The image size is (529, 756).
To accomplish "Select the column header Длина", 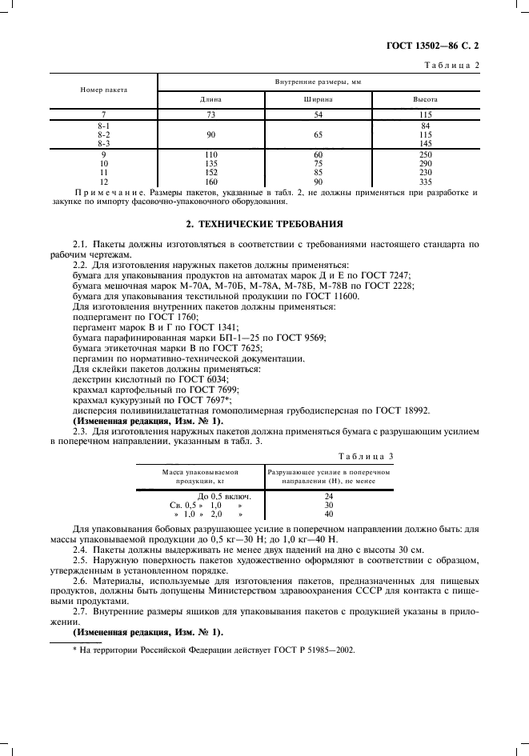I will [210, 100].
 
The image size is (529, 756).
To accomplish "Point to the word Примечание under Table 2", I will [104, 193].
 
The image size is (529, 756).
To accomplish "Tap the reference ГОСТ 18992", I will [405, 410].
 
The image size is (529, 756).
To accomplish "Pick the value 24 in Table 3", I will [328, 496].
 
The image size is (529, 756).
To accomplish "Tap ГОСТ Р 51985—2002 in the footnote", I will [311, 650].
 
